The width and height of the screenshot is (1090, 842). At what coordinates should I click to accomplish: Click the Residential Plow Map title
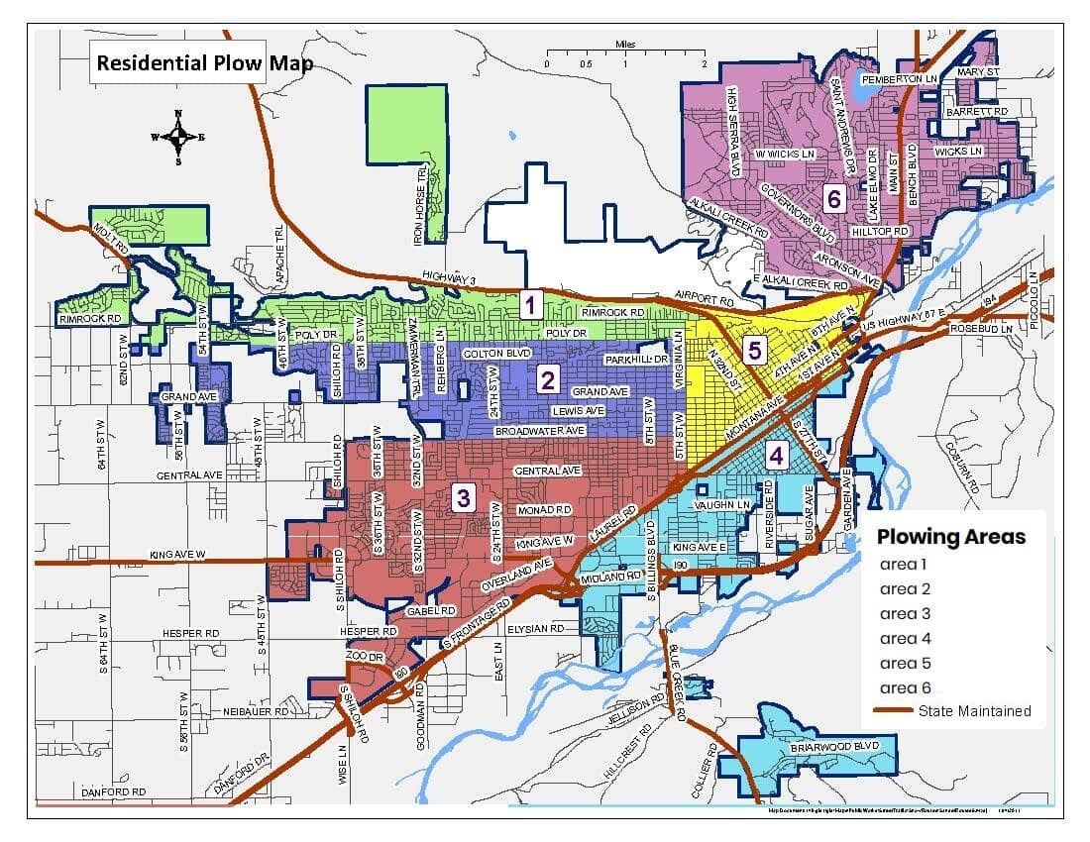[204, 64]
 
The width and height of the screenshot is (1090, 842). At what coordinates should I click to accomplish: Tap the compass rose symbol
[178, 137]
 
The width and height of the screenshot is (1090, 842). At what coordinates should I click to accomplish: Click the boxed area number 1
[532, 304]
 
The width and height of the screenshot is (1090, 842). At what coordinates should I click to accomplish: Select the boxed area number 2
[546, 378]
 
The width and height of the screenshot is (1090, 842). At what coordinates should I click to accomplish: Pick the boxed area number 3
[462, 497]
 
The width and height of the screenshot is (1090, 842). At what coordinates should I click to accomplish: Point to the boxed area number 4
[777, 456]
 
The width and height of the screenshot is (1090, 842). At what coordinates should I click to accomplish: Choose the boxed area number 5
[754, 350]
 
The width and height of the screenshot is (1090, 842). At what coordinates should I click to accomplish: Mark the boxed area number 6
[833, 200]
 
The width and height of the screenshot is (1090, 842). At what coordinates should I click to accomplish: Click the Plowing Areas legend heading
[950, 537]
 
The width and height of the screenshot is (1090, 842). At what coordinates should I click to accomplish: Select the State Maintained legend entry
[974, 711]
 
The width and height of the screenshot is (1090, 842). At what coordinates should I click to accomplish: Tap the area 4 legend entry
[905, 638]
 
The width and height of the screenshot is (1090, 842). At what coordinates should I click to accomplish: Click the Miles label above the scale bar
[625, 45]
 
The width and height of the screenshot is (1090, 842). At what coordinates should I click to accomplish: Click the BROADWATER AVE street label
[541, 432]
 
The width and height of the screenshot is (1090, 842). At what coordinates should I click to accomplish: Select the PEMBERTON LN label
[899, 78]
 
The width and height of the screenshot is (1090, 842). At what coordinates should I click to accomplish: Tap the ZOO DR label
[364, 657]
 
